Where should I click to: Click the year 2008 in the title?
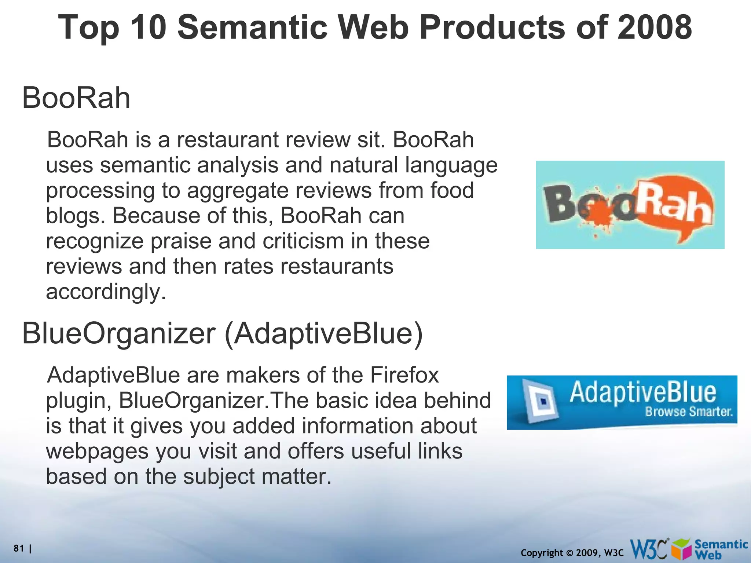tap(654, 27)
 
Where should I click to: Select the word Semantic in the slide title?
tap(253, 27)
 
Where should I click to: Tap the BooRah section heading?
tap(76, 98)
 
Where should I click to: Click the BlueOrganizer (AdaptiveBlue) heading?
tap(222, 333)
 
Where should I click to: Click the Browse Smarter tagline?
tap(689, 412)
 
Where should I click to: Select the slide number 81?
tap(19, 548)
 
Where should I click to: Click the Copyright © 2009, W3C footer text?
tap(572, 553)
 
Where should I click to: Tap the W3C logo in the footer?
tap(649, 549)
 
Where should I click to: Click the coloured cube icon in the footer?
tap(682, 549)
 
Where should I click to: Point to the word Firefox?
tap(404, 376)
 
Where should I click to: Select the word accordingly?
tap(106, 292)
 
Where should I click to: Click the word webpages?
tap(97, 452)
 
